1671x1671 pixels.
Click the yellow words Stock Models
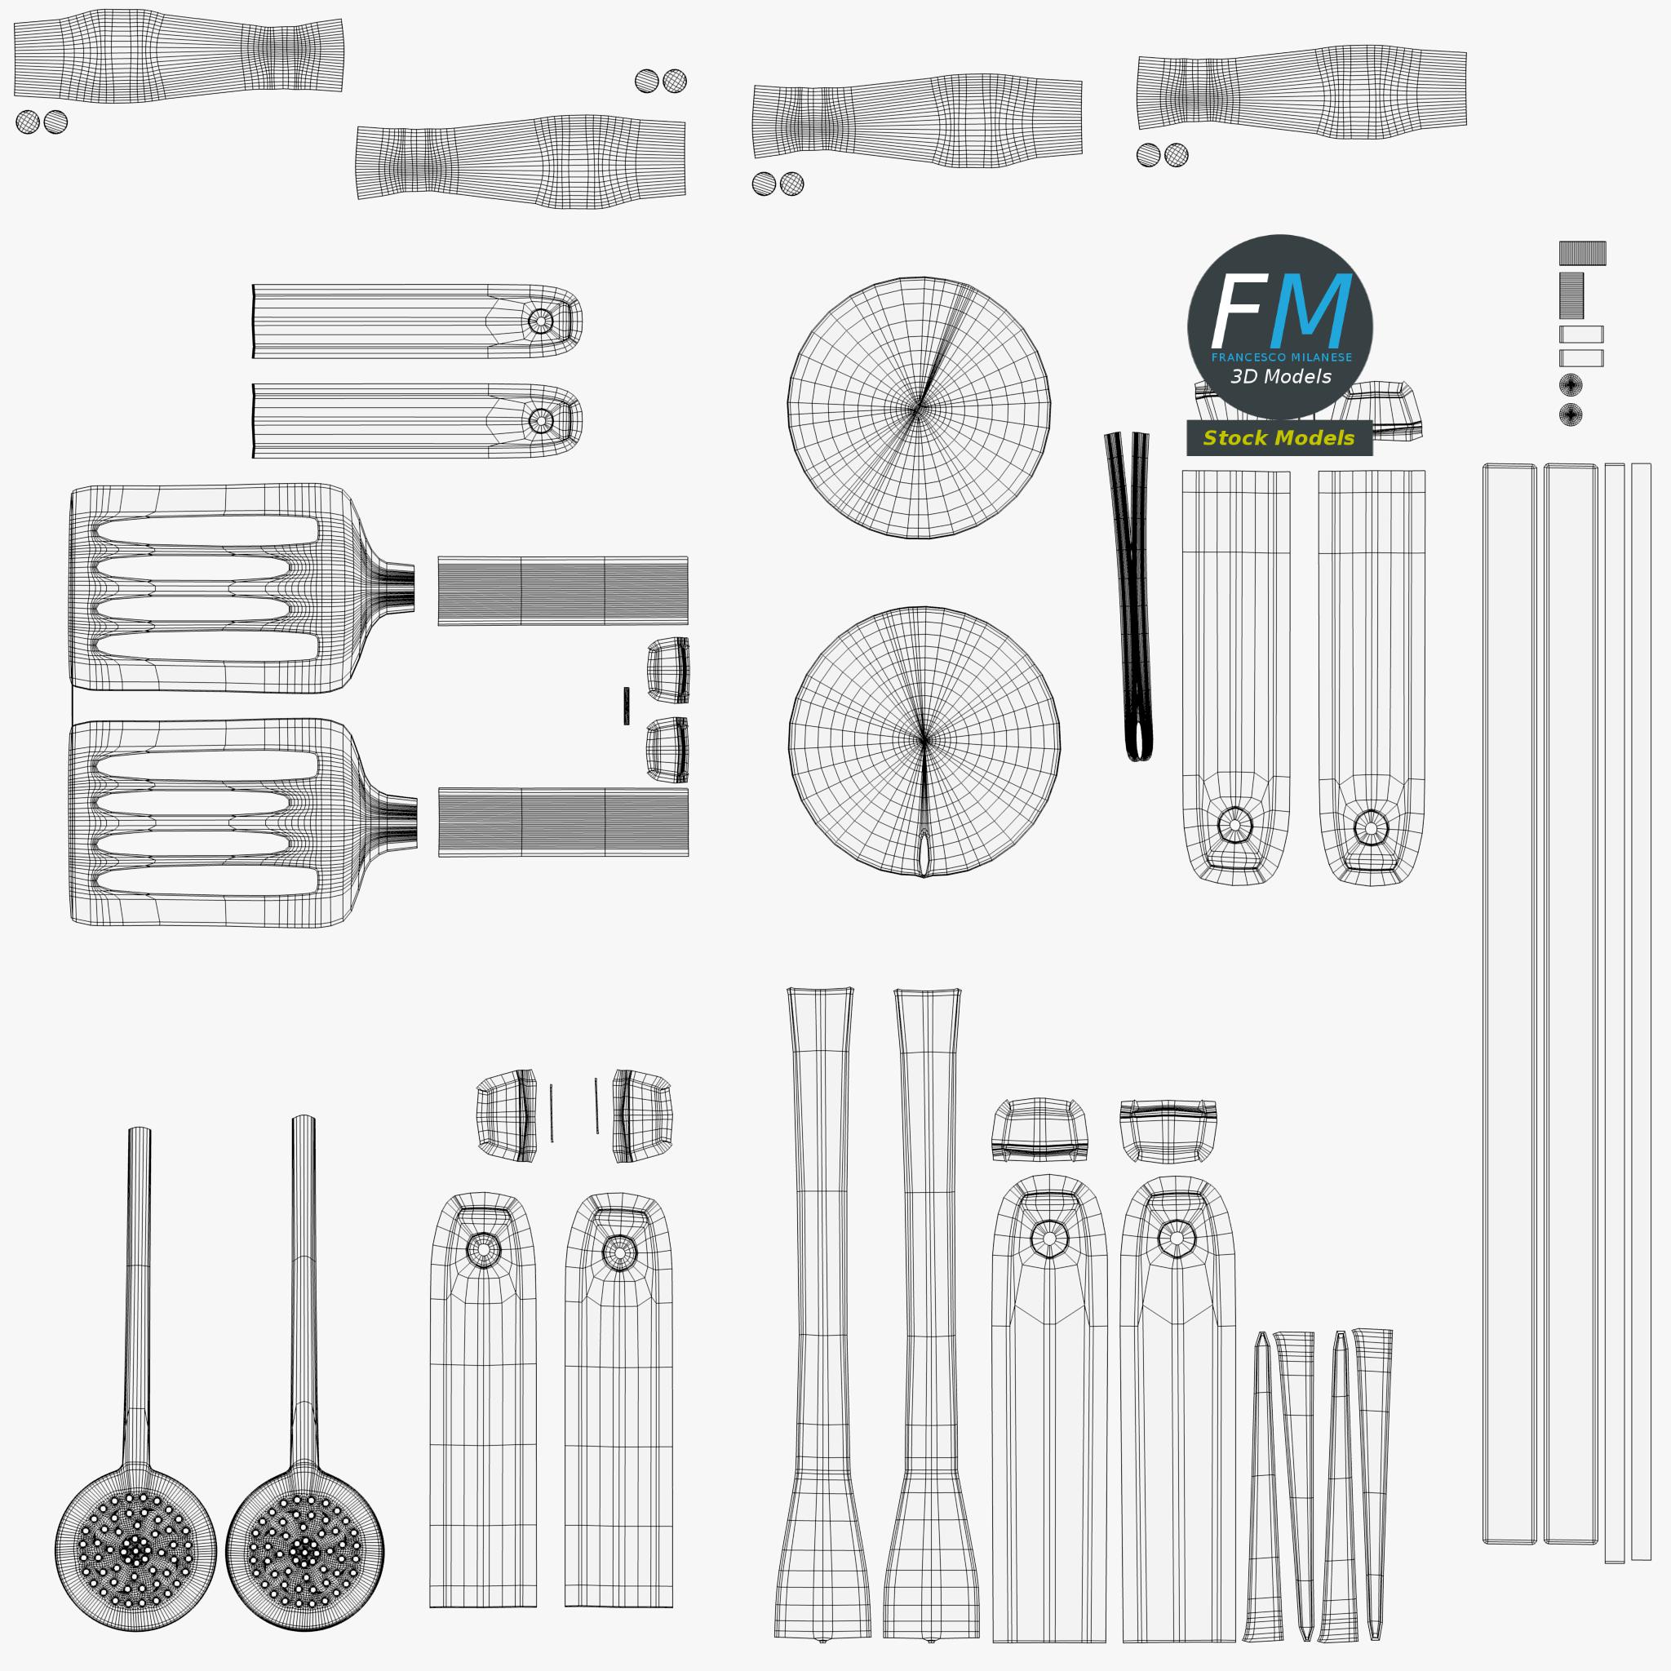(1279, 437)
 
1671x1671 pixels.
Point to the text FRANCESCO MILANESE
(1281, 357)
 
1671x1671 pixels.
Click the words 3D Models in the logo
(1281, 376)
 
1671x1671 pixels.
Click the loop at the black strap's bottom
(1139, 739)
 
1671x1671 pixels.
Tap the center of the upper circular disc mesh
(918, 407)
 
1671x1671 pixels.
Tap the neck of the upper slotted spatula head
(393, 588)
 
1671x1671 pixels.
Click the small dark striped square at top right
(1583, 253)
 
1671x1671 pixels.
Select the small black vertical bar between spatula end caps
(626, 706)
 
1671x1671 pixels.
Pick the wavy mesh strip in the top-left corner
(178, 56)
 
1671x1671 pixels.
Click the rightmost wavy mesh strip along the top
(1301, 91)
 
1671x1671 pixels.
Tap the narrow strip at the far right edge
(1641, 1012)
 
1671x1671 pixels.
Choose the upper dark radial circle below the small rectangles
(1571, 384)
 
